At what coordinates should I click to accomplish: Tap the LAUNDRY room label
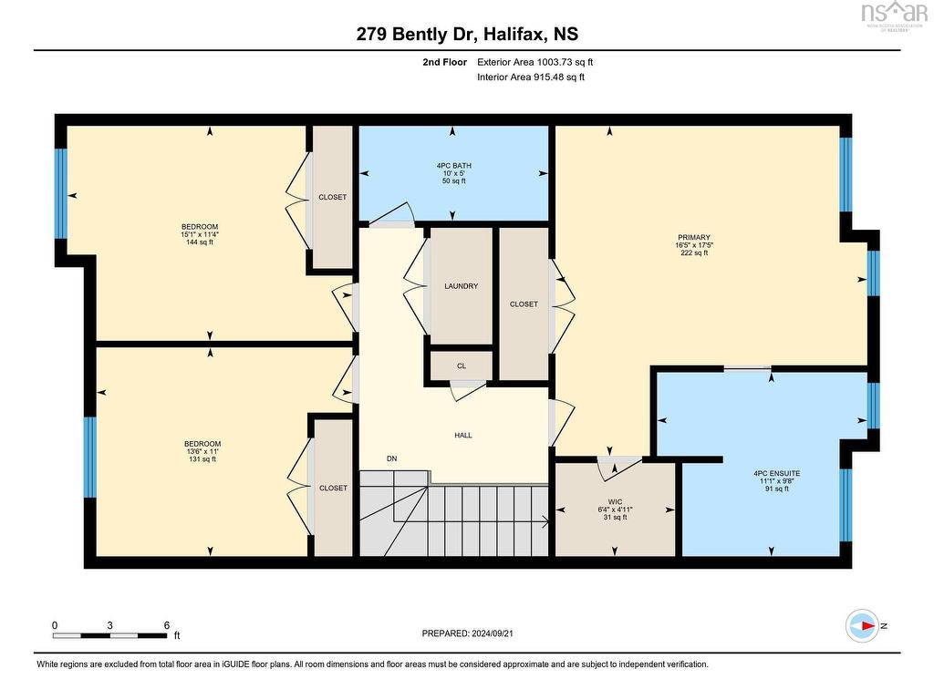[461, 286]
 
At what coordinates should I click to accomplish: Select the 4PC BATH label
[453, 166]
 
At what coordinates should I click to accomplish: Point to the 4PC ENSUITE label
[776, 474]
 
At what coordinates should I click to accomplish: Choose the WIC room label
[615, 501]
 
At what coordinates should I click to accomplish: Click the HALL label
[463, 436]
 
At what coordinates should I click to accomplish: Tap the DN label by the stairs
[391, 458]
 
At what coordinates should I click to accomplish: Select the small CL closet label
[462, 366]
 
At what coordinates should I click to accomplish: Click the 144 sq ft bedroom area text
[199, 242]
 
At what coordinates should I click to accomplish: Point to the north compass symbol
[863, 625]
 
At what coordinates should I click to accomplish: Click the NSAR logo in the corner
[894, 14]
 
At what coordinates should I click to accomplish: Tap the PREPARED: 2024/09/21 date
[473, 633]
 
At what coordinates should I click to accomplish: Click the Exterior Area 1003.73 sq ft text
[541, 62]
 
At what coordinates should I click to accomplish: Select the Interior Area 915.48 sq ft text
[531, 77]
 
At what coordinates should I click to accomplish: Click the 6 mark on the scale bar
[166, 625]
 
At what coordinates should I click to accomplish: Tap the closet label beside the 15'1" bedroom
[332, 198]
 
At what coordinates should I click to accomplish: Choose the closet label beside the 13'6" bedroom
[333, 489]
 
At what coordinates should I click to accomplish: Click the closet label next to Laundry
[524, 304]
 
